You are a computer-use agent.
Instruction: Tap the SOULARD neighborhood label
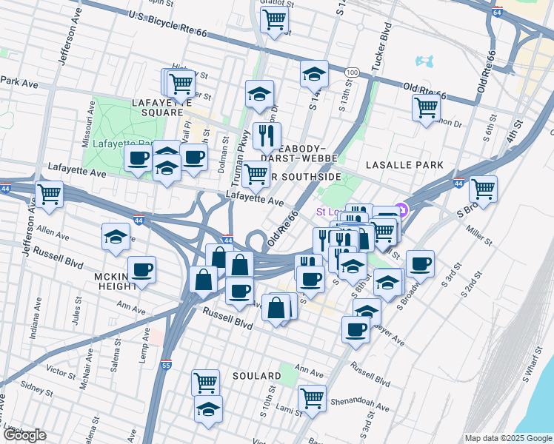click(256, 377)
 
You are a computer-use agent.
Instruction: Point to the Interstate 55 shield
click(167, 364)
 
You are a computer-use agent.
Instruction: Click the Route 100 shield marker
click(353, 72)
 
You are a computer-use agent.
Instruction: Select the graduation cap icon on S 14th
click(314, 73)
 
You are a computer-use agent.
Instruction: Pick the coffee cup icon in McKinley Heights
click(141, 269)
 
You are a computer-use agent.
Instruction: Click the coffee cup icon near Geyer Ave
click(356, 329)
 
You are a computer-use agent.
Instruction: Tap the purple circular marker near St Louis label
click(402, 211)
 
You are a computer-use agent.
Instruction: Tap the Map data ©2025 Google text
click(508, 438)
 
